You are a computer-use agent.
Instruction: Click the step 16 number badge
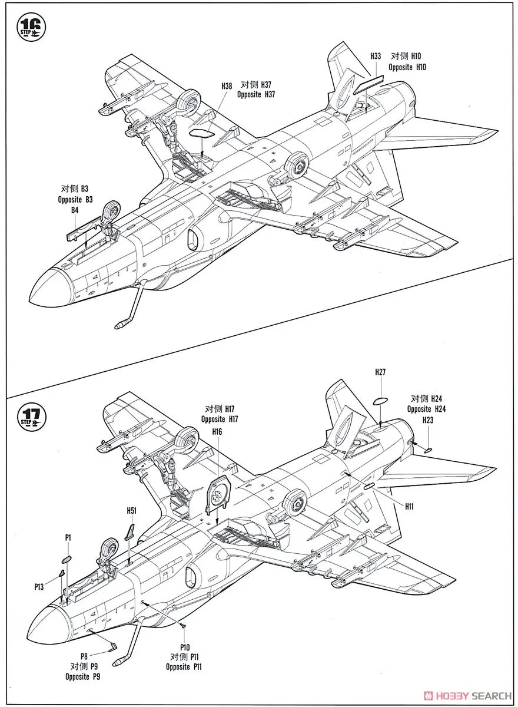[28, 25]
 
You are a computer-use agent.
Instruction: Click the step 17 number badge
[28, 413]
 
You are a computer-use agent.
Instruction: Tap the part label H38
[227, 86]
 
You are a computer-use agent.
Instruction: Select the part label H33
[376, 56]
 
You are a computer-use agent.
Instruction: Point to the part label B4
[75, 210]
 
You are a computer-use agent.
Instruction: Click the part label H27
[380, 372]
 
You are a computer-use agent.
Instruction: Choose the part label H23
[428, 420]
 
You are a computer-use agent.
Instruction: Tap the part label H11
[410, 506]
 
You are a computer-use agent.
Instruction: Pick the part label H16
[217, 432]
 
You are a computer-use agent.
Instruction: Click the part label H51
[131, 511]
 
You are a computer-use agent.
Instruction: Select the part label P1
[68, 537]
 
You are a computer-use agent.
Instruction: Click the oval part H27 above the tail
[380, 401]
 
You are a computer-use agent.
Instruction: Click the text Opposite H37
[257, 94]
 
